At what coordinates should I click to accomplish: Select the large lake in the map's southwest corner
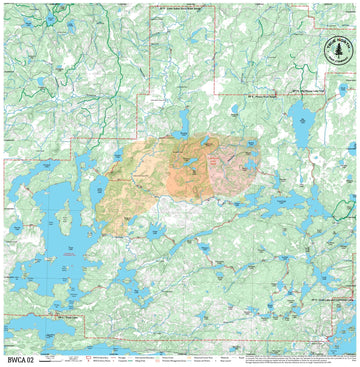point(40,325)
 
